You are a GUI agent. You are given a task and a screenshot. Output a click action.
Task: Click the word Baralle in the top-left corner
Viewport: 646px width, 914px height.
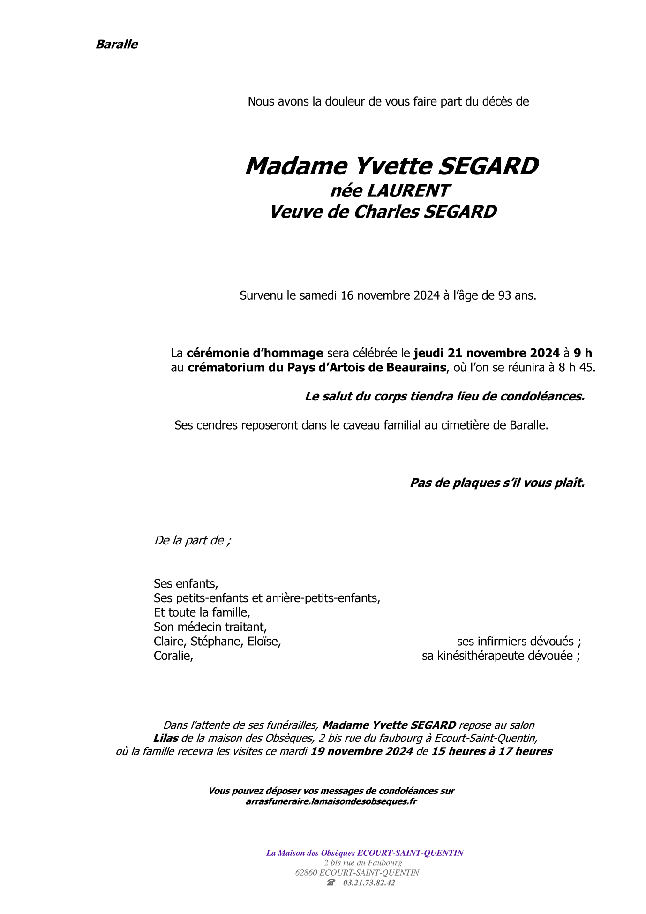point(117,45)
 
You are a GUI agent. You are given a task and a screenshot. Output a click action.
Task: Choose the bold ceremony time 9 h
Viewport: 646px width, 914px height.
point(582,353)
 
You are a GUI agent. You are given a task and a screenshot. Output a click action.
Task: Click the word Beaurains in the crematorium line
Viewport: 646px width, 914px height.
point(416,368)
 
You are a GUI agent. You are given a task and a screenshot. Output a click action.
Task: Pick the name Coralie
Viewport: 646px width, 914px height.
point(173,656)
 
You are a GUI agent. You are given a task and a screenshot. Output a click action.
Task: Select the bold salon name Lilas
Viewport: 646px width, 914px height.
point(165,738)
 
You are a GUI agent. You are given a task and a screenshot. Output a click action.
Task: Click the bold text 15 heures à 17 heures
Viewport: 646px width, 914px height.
point(491,751)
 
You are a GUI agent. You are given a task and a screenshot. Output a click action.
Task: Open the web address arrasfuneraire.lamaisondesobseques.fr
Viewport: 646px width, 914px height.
point(331,801)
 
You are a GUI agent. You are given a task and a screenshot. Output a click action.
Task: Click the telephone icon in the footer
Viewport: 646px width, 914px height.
point(331,883)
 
